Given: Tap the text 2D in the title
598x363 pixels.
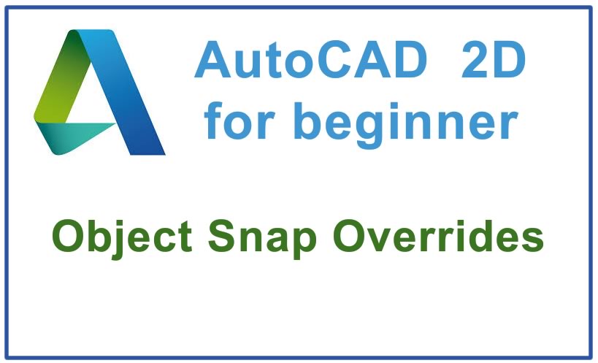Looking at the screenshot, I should (494, 62).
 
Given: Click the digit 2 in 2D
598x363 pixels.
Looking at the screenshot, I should (475, 62).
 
